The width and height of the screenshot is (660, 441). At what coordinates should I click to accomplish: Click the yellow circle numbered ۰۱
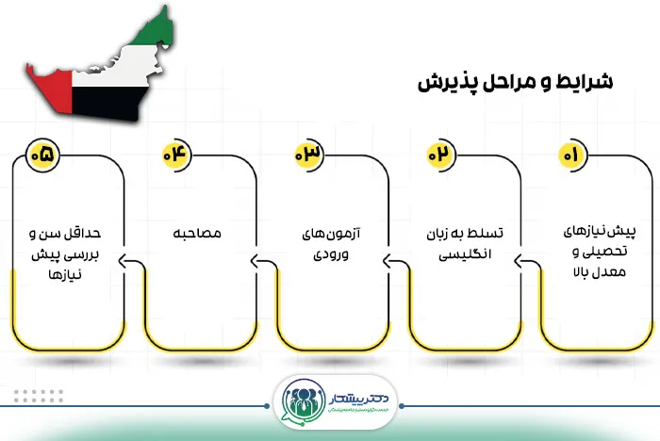tap(570, 154)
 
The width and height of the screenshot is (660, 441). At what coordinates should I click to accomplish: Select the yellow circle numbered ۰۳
tap(308, 154)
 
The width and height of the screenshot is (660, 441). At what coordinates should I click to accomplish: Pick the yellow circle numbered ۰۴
tap(176, 154)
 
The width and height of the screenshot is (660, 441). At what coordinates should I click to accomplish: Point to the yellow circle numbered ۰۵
tap(45, 154)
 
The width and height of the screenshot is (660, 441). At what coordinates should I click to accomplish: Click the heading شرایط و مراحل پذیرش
tap(515, 82)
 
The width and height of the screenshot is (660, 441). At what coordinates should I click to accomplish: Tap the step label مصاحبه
tap(198, 234)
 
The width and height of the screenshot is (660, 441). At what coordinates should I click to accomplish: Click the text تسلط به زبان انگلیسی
tap(462, 242)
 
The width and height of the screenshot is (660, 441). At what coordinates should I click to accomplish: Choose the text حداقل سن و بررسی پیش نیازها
tap(66, 250)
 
